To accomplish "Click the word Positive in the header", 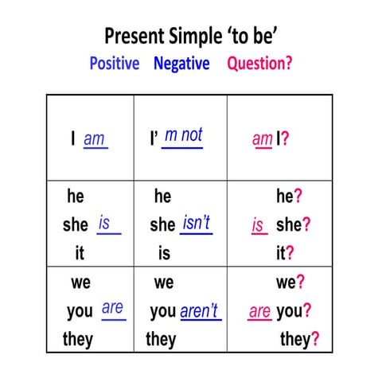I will pyautogui.click(x=114, y=63).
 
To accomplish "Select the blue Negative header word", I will pyautogui.click(x=181, y=63).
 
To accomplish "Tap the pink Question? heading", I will pyautogui.click(x=259, y=63).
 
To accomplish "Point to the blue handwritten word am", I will pyautogui.click(x=94, y=138).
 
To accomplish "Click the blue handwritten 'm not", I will pyautogui.click(x=183, y=135).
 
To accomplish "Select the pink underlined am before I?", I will pyautogui.click(x=262, y=139).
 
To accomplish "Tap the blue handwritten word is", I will pyautogui.click(x=104, y=224).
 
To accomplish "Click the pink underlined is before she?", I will pyautogui.click(x=258, y=225).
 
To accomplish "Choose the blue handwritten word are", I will pyautogui.click(x=113, y=307).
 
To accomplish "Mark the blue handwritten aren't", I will pyautogui.click(x=200, y=311).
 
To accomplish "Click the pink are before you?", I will pyautogui.click(x=259, y=311).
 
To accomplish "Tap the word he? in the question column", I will pyautogui.click(x=290, y=197).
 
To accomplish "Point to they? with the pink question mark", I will pyautogui.click(x=299, y=340).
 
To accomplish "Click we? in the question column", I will pyautogui.click(x=290, y=282).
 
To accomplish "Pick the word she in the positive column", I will pyautogui.click(x=76, y=224).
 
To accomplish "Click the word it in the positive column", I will pyautogui.click(x=79, y=253).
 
